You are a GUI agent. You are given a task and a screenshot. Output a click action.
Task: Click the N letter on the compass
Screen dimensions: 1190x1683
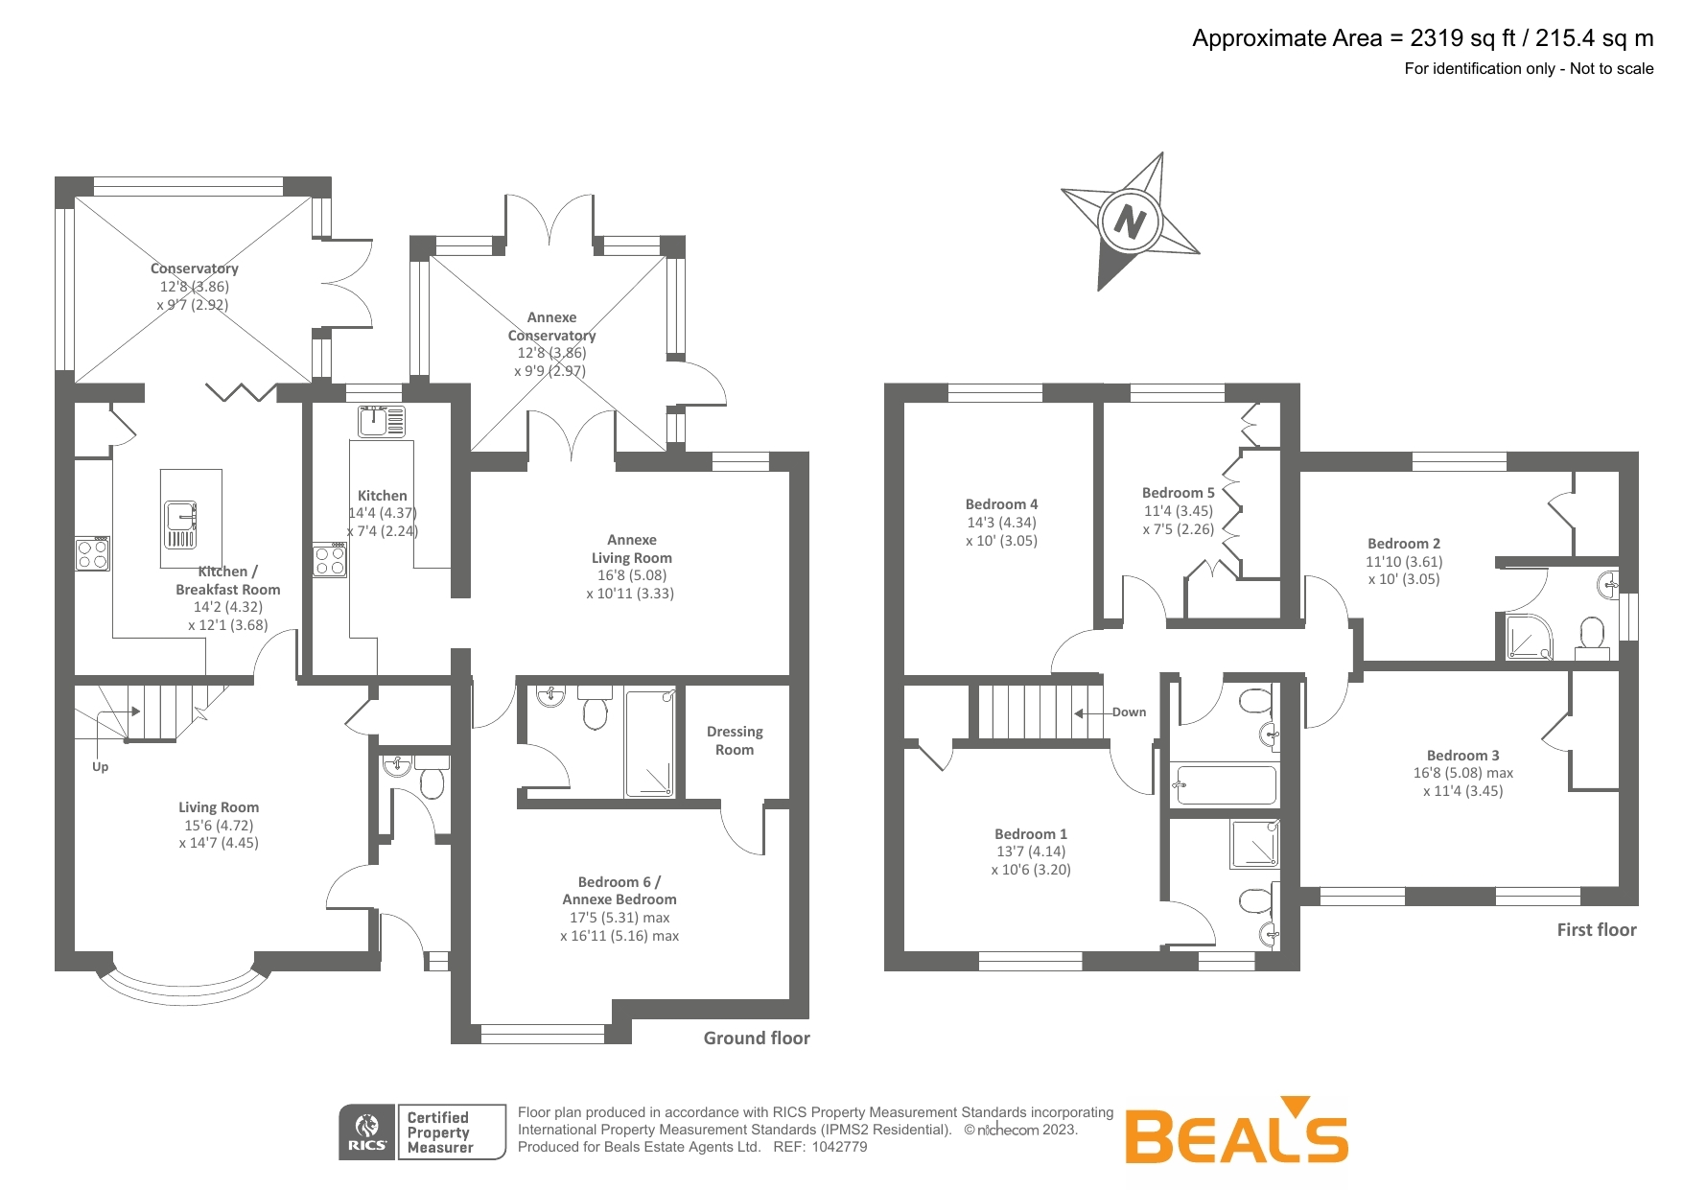pyautogui.click(x=1130, y=222)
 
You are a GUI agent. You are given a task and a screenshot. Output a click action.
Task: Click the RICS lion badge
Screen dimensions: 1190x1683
pyautogui.click(x=367, y=1132)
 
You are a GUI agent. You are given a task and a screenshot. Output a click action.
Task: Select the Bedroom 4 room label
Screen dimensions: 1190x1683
pyautogui.click(x=1001, y=504)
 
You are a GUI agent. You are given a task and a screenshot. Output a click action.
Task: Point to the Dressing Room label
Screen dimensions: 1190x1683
pyautogui.click(x=735, y=740)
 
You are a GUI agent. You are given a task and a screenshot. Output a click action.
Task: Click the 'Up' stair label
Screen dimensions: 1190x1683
pyautogui.click(x=100, y=766)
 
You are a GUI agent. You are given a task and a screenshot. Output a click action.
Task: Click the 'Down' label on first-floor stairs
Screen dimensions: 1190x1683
pyautogui.click(x=1129, y=712)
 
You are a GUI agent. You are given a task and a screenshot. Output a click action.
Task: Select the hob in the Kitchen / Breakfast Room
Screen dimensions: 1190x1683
pyautogui.click(x=93, y=554)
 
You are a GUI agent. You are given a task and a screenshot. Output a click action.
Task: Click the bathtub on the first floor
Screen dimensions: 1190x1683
pyautogui.click(x=1225, y=785)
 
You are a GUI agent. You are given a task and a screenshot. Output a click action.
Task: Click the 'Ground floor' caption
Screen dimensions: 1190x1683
pyautogui.click(x=757, y=1038)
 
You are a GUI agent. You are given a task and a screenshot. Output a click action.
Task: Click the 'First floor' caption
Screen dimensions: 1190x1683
pyautogui.click(x=1596, y=929)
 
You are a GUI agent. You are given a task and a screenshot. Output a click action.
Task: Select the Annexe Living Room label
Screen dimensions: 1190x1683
pyautogui.click(x=631, y=548)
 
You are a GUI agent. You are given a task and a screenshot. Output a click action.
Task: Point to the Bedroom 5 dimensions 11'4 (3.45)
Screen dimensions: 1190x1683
pyautogui.click(x=1178, y=511)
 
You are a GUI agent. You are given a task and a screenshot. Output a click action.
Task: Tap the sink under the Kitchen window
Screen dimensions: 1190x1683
pyautogui.click(x=381, y=420)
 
